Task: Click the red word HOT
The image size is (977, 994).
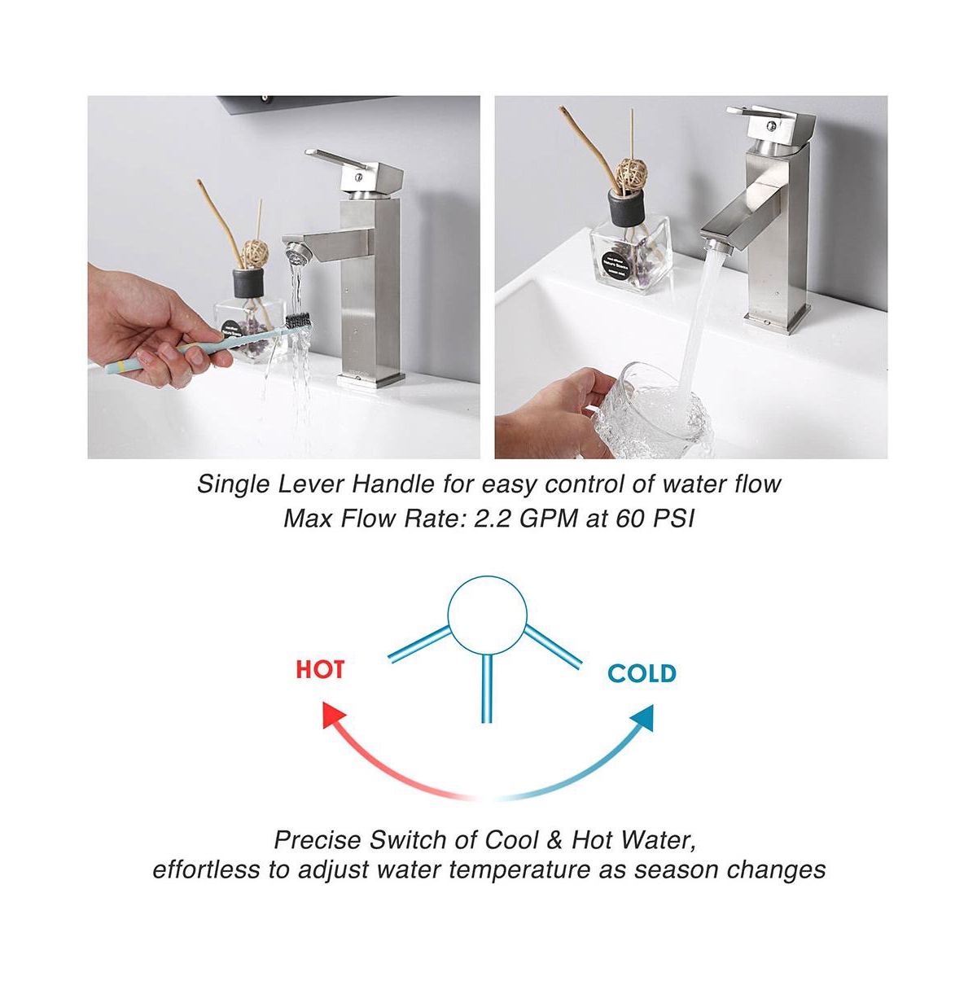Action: click(x=320, y=669)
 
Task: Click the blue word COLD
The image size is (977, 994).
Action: click(x=642, y=673)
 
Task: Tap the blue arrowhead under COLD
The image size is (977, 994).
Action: click(x=642, y=717)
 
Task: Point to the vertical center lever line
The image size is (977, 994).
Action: click(x=486, y=689)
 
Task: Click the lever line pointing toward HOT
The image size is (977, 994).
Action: click(x=419, y=644)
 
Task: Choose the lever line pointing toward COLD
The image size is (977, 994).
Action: click(x=554, y=647)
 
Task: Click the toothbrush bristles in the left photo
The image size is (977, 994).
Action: click(x=297, y=321)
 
